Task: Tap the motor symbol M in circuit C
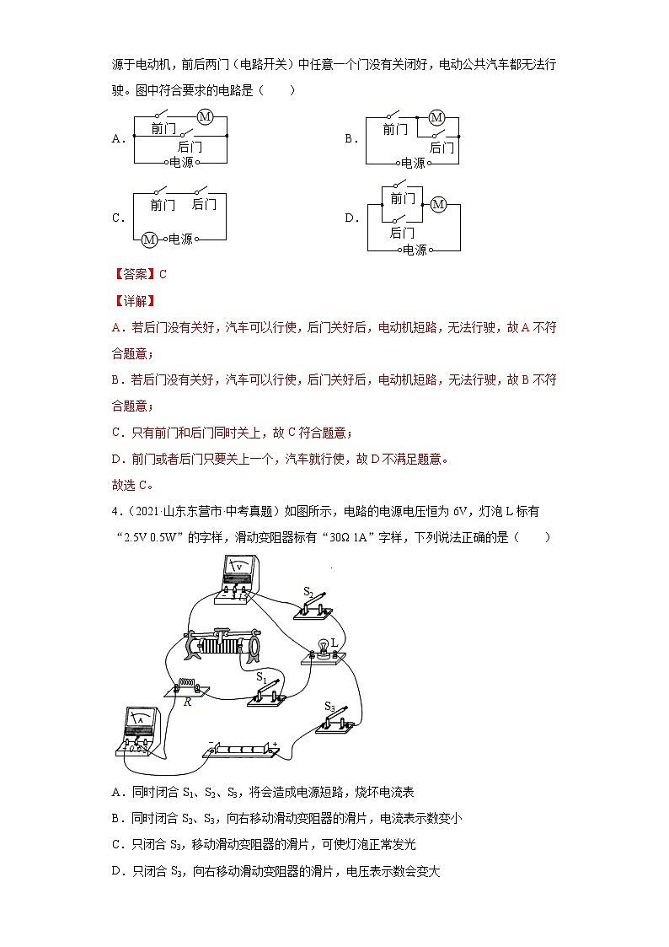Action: (x=149, y=239)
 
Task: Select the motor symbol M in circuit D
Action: (x=437, y=204)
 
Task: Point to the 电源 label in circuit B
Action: (x=413, y=164)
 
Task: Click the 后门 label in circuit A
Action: (x=190, y=147)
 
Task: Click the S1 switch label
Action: (x=260, y=676)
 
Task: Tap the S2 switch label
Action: (x=308, y=593)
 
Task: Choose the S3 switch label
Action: (x=329, y=706)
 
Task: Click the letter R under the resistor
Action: (x=187, y=701)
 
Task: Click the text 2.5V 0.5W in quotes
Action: (x=153, y=537)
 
